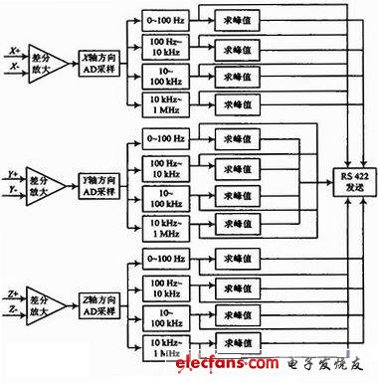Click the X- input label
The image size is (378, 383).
12,67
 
